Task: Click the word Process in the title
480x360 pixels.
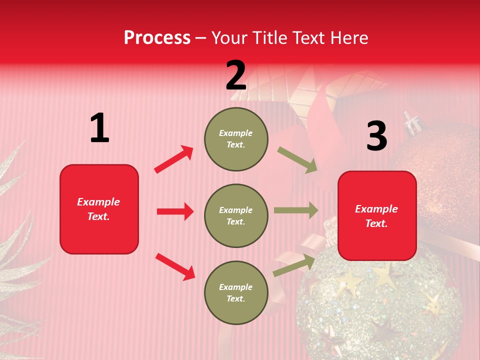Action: click(157, 37)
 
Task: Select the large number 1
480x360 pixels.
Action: click(99, 128)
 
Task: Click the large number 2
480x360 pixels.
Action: click(236, 76)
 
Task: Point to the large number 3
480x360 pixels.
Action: click(376, 136)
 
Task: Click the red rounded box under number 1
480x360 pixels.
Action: click(99, 209)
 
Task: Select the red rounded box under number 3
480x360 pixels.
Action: click(377, 215)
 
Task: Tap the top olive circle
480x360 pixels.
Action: click(236, 139)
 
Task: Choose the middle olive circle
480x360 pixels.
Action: click(236, 215)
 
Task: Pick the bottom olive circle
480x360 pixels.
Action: click(236, 292)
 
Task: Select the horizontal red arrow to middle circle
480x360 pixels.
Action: click(175, 211)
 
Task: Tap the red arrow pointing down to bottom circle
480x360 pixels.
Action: click(175, 266)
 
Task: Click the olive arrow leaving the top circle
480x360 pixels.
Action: click(297, 160)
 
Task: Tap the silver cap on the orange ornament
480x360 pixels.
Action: click(411, 121)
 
